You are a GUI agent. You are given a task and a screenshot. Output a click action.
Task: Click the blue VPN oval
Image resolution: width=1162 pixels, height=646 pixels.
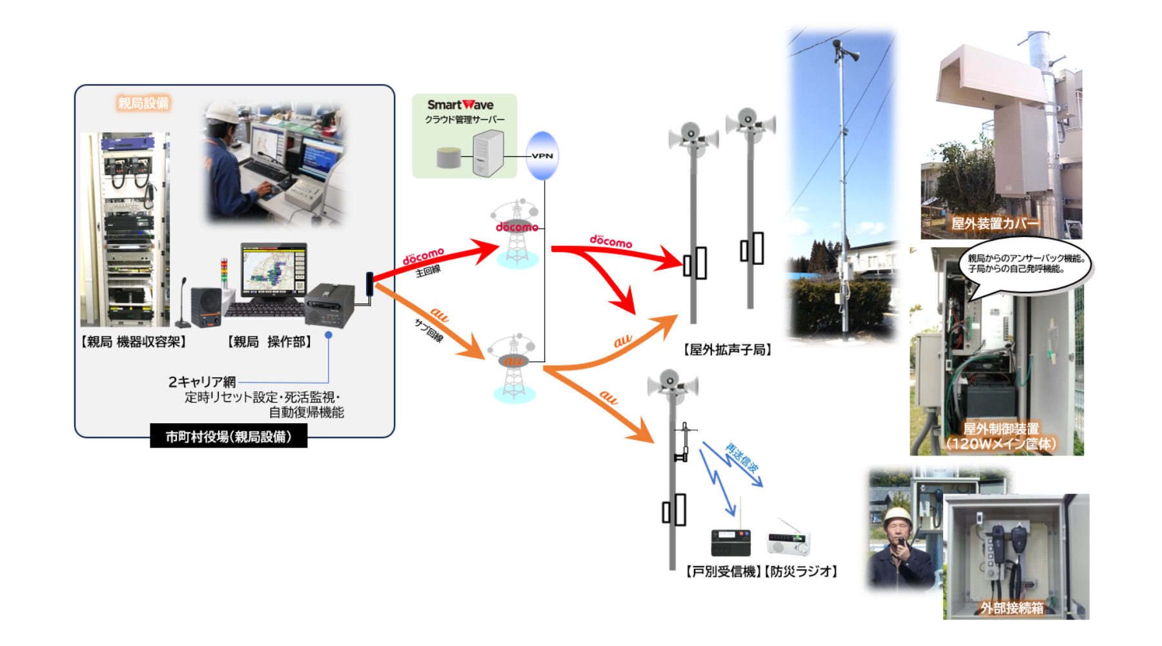pyautogui.click(x=542, y=156)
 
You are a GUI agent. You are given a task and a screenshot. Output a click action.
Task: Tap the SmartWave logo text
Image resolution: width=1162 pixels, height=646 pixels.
pyautogui.click(x=460, y=105)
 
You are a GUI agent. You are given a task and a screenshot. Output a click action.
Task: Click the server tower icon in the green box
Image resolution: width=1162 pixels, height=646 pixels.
pyautogui.click(x=488, y=153)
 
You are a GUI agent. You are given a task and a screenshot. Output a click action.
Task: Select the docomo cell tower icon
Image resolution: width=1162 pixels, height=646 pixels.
pyautogui.click(x=516, y=234)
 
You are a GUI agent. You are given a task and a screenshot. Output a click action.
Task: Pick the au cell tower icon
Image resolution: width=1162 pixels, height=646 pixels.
pyautogui.click(x=514, y=369)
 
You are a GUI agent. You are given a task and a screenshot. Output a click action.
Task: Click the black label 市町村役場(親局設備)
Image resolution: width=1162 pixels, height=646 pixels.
pyautogui.click(x=229, y=436)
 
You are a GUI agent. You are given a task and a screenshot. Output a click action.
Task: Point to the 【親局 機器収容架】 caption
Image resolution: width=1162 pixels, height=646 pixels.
pyautogui.click(x=134, y=342)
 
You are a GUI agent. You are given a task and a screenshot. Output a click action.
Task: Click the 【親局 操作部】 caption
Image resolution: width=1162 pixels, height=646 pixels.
pyautogui.click(x=270, y=342)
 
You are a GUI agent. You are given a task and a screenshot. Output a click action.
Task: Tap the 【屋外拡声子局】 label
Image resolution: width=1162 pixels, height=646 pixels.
pyautogui.click(x=728, y=349)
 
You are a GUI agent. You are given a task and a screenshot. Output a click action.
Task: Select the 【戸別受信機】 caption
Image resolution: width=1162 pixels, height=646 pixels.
pyautogui.click(x=724, y=571)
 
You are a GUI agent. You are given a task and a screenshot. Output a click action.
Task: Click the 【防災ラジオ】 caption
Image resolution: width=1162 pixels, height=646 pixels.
pyautogui.click(x=801, y=571)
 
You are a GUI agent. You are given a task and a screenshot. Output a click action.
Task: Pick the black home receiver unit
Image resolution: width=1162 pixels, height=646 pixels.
pyautogui.click(x=731, y=542)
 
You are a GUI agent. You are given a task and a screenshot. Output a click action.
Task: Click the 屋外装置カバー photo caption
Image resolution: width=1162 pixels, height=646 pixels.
pyautogui.click(x=995, y=224)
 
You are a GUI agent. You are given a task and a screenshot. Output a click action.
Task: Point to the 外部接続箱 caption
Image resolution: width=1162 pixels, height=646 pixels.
pyautogui.click(x=1012, y=608)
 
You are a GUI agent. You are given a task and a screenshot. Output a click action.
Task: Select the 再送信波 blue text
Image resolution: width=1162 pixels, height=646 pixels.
pyautogui.click(x=742, y=457)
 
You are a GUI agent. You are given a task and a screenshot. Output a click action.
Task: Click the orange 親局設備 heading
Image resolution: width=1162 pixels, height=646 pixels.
pyautogui.click(x=143, y=103)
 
